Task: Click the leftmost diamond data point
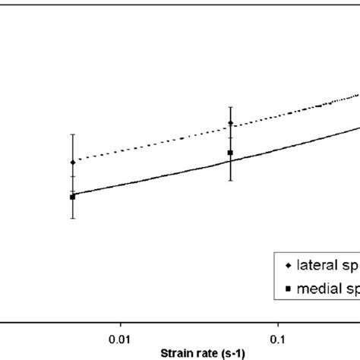point(73,162)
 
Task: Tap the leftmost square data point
point(73,197)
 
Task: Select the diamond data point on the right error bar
point(230,123)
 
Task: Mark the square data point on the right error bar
point(230,153)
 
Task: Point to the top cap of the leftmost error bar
point(73,134)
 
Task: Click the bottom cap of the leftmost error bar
point(73,219)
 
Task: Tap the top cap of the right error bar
point(230,106)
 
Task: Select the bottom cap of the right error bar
point(230,180)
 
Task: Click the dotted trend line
point(152,144)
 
